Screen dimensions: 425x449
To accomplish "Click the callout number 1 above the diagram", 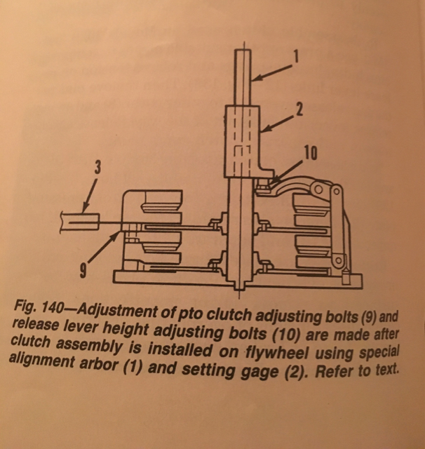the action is [x=296, y=56].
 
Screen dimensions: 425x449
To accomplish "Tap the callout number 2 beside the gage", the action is [x=299, y=109].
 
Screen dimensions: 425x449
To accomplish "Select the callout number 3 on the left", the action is [x=98, y=168].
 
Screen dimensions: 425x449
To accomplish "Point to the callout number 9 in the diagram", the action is [x=83, y=270].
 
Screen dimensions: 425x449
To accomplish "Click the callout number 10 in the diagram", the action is [x=311, y=154].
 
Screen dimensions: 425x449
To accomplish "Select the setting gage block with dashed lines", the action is [x=243, y=142].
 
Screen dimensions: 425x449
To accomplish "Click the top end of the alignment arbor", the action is [x=243, y=50].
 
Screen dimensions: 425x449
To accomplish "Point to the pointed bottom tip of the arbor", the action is [x=240, y=288].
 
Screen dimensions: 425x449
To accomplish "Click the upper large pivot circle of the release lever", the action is [x=318, y=189].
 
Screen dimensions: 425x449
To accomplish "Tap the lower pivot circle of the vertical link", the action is [x=338, y=260].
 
